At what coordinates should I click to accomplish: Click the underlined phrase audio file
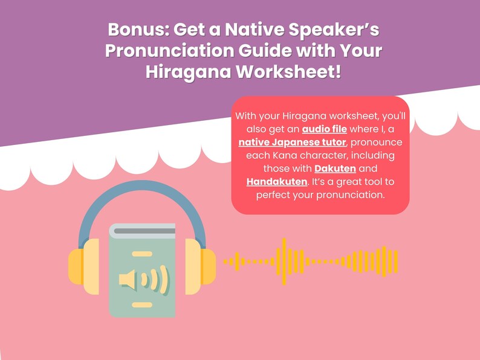(x=324, y=129)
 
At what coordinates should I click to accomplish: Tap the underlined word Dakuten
(x=335, y=168)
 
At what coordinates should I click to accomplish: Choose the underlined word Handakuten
(x=277, y=181)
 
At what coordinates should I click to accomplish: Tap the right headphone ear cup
(x=201, y=266)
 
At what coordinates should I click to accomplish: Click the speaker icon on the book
(x=143, y=280)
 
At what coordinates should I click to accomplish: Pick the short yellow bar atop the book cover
(x=142, y=254)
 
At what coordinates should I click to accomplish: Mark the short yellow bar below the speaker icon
(x=142, y=305)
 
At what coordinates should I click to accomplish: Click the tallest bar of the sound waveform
(x=282, y=261)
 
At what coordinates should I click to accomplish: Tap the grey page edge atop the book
(x=143, y=230)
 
